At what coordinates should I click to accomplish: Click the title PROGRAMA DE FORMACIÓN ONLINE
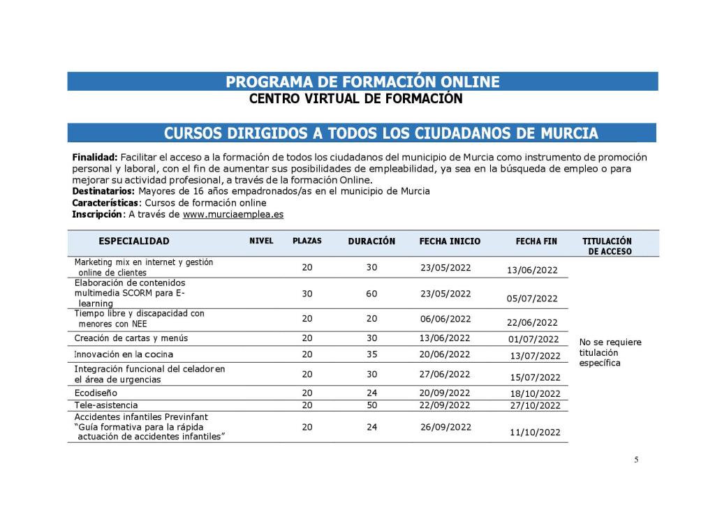(x=362, y=82)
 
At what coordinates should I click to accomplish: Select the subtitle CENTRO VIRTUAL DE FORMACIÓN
(x=355, y=99)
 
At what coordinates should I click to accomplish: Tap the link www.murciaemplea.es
(x=233, y=215)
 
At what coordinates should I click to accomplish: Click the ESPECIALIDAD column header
(x=134, y=241)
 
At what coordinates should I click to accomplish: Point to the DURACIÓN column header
(x=371, y=241)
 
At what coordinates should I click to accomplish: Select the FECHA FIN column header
(x=536, y=241)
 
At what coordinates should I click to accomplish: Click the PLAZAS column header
(x=307, y=241)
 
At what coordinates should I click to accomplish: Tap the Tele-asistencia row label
(x=106, y=405)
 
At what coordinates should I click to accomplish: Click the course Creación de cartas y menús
(x=131, y=338)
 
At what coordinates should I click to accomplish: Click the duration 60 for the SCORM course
(x=371, y=294)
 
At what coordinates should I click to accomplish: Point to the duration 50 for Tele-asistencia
(x=371, y=405)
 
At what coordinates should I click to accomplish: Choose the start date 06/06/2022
(x=445, y=319)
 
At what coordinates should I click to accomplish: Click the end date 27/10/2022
(x=535, y=406)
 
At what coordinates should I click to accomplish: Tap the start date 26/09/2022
(x=445, y=428)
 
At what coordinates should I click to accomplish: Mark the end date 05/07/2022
(x=532, y=299)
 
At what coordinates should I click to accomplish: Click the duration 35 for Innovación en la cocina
(x=371, y=354)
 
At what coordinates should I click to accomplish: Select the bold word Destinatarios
(x=103, y=191)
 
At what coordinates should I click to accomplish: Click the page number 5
(x=636, y=460)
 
